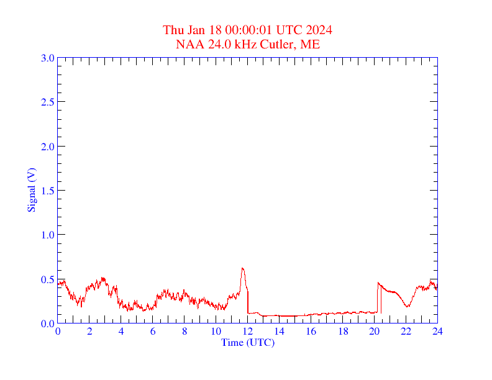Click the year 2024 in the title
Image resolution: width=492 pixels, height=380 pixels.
[x=319, y=30]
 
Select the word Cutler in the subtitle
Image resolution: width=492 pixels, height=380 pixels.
[x=276, y=44]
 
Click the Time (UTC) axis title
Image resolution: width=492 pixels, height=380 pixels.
[x=247, y=342]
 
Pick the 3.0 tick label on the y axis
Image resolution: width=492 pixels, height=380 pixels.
[x=47, y=58]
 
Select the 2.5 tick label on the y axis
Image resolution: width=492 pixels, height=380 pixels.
[x=47, y=102]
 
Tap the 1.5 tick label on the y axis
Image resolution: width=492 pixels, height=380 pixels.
[x=47, y=191]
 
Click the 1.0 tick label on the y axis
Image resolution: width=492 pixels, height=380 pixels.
[x=47, y=235]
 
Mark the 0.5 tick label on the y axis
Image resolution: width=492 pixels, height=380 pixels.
[x=47, y=279]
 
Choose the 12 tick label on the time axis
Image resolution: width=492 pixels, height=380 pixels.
[x=247, y=331]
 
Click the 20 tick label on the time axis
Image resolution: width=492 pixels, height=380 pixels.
[x=374, y=331]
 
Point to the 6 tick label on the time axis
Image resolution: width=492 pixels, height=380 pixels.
[x=153, y=331]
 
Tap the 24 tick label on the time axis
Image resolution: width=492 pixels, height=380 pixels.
[x=437, y=331]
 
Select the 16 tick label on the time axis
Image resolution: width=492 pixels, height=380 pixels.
[x=311, y=331]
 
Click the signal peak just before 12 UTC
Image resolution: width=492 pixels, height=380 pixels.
[x=243, y=268]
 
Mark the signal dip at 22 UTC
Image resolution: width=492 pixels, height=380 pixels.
[x=408, y=306]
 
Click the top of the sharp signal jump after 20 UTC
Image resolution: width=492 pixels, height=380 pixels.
[x=378, y=283]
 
